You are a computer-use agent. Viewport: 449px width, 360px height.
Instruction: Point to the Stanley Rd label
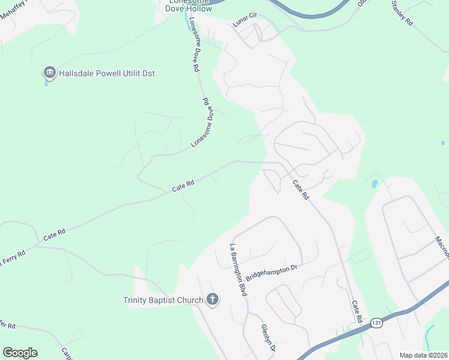(x=402, y=13)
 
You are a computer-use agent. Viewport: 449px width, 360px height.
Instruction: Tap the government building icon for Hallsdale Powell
(x=49, y=73)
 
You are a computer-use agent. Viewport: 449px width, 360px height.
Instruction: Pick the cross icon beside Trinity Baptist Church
(x=212, y=299)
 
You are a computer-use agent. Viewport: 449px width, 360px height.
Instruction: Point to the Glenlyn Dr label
(x=268, y=338)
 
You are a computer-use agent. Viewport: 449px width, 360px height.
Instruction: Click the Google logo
(x=20, y=353)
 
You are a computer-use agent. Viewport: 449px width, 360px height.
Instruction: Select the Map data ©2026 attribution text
(x=424, y=355)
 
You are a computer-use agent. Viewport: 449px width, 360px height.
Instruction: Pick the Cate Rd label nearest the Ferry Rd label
(x=54, y=234)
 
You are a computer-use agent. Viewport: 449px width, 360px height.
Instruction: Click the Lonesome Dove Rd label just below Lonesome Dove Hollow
(x=194, y=45)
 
